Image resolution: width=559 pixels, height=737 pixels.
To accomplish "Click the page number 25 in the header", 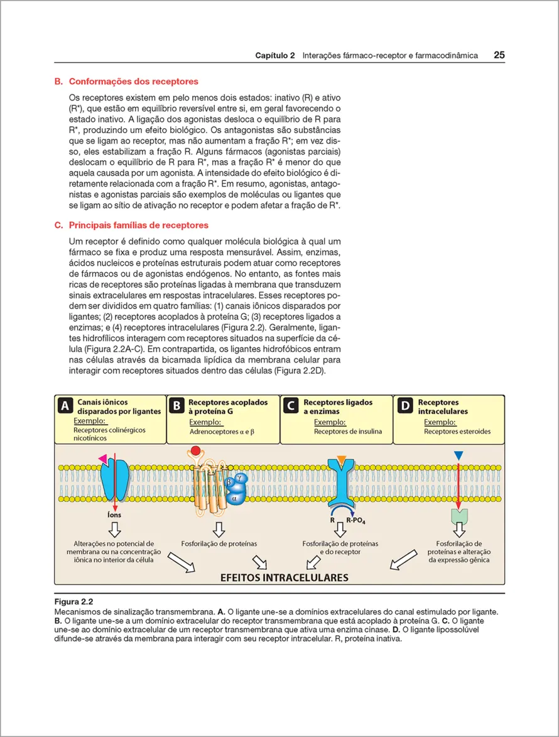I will coord(499,55).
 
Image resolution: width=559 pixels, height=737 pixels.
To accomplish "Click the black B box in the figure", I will coord(177,407).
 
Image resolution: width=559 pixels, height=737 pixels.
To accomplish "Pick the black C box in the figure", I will coord(290,407).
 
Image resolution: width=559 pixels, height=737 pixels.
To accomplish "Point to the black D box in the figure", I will coord(405,407).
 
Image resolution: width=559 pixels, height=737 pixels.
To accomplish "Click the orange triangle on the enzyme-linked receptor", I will coord(341,460).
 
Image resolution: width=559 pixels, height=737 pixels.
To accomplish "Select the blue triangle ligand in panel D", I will coord(459,455).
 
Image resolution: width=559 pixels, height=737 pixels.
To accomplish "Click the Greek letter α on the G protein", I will coord(234,498).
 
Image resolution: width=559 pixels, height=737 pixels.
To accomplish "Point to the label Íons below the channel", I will coord(115,515).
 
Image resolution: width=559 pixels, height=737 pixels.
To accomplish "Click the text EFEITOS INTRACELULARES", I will coord(284,577).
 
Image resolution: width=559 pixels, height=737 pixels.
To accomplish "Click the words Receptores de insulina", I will coord(347,432).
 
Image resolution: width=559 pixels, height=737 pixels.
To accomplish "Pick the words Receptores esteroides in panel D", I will coord(457,432).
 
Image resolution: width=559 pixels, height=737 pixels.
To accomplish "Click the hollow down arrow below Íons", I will coord(115,529).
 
